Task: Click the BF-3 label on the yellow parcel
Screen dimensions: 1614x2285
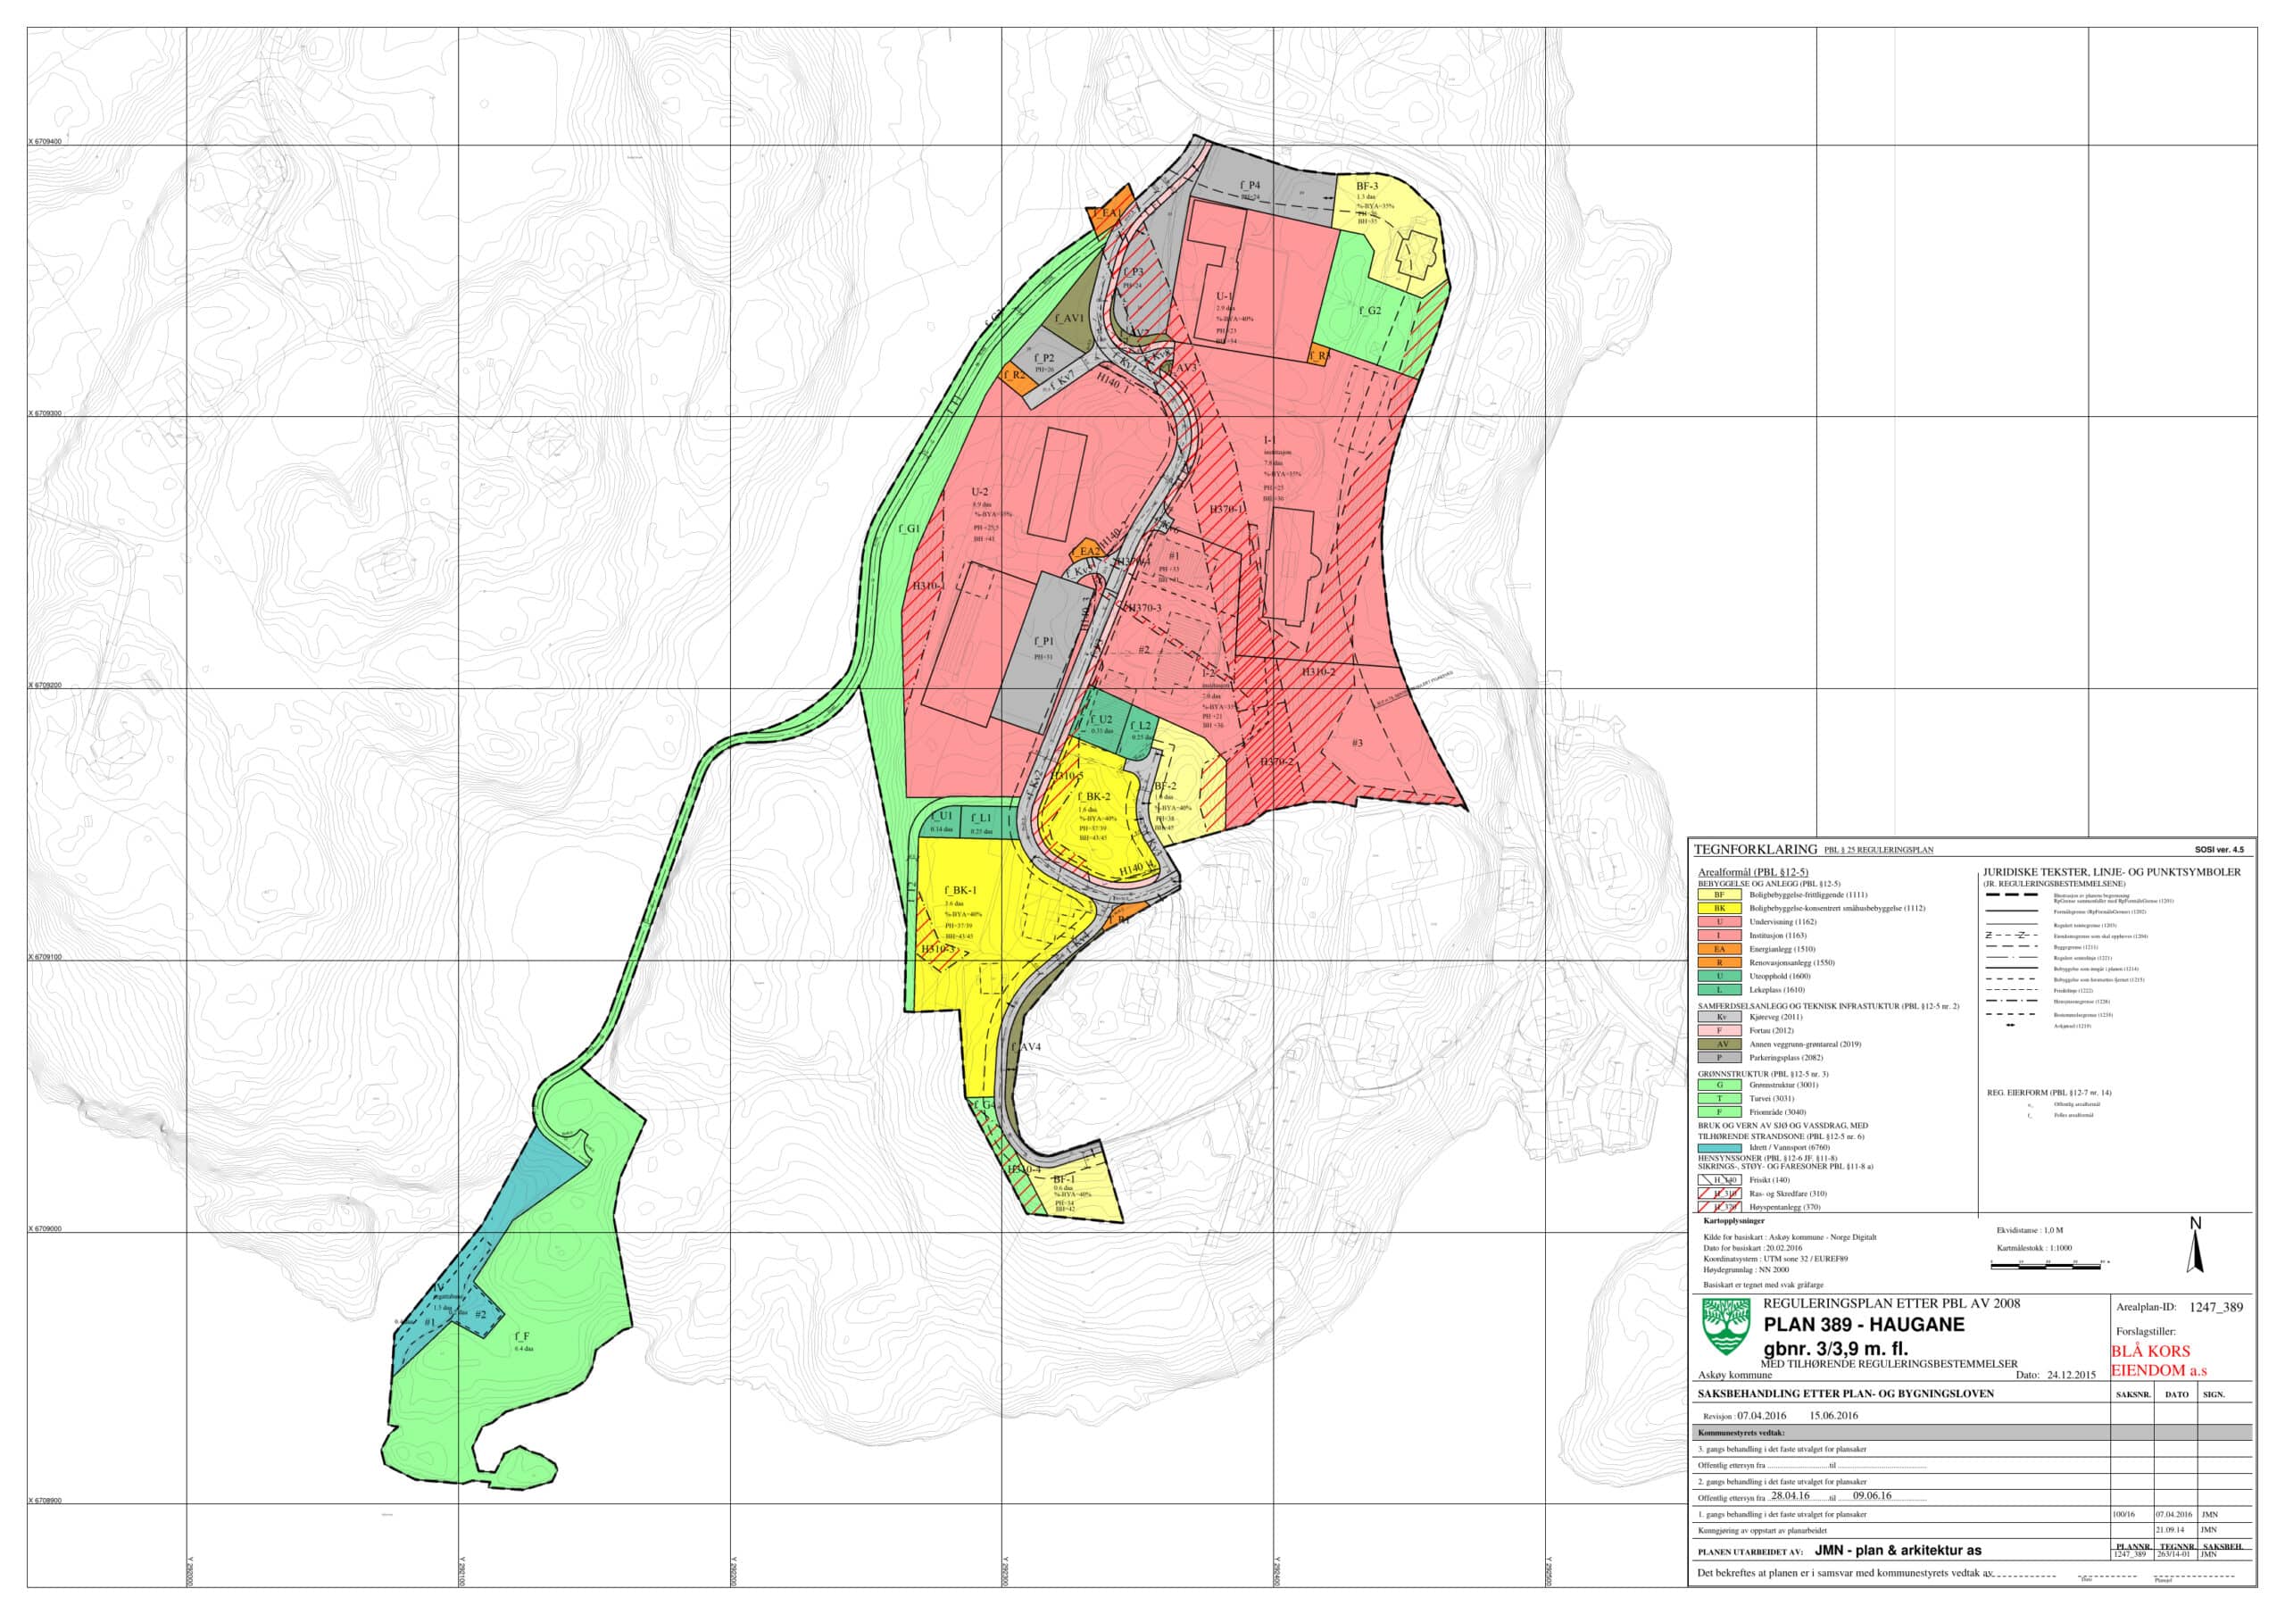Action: click(x=1367, y=186)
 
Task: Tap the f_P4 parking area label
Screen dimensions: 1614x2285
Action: click(x=1250, y=185)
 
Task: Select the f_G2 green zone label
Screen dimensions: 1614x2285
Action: click(x=1370, y=312)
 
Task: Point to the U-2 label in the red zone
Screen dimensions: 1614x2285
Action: click(x=980, y=492)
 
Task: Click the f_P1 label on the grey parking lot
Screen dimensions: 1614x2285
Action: click(x=1043, y=642)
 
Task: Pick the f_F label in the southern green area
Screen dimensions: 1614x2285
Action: click(x=521, y=1336)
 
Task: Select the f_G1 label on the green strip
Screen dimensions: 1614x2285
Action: click(x=909, y=529)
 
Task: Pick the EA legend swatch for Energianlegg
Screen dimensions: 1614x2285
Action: click(x=1719, y=949)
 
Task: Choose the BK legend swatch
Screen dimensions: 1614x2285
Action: click(x=1719, y=909)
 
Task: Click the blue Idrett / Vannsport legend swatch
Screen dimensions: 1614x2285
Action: click(x=1719, y=1147)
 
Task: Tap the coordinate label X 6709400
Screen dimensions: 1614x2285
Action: click(x=46, y=141)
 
